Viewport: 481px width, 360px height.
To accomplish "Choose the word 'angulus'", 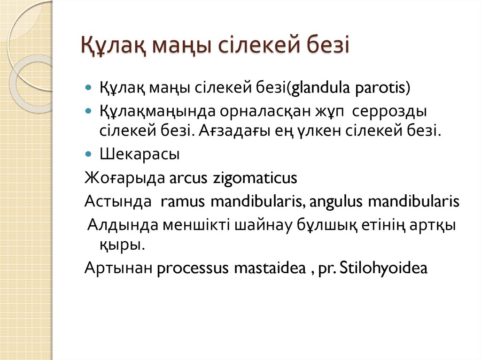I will pos(336,202).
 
